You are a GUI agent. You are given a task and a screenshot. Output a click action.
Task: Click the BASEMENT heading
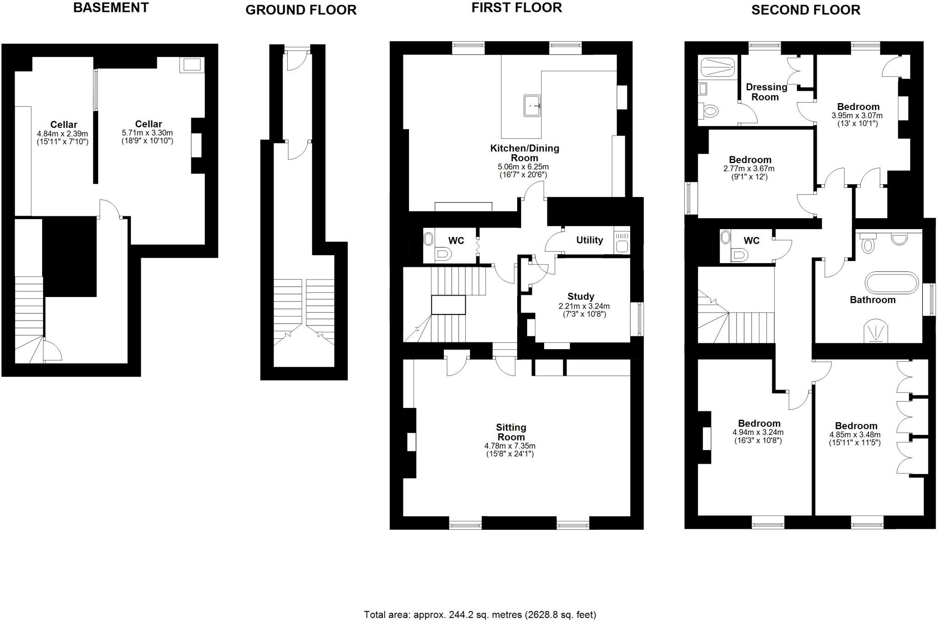coord(111,8)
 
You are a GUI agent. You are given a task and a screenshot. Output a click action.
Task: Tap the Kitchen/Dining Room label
coord(524,153)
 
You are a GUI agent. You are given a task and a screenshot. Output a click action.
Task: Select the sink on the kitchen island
coord(532,106)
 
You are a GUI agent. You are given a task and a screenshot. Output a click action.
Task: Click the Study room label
coord(581,297)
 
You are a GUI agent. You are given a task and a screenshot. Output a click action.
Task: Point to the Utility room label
coord(589,240)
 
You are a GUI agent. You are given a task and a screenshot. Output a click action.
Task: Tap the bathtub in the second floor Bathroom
coord(891,283)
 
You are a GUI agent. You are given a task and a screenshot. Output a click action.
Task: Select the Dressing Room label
coord(766,92)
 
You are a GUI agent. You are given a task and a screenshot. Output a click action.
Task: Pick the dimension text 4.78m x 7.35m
coord(510,445)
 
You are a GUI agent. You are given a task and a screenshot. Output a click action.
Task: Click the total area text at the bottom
coord(480,615)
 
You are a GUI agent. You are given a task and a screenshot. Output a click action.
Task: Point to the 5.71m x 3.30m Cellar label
coord(148,124)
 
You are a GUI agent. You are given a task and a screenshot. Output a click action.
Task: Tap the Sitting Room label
coord(511,432)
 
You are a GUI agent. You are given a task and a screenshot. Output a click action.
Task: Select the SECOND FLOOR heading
coord(805,10)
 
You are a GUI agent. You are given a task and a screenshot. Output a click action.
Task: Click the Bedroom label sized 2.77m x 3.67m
coord(750,160)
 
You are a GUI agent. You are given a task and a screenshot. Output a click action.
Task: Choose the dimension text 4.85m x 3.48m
coord(855,435)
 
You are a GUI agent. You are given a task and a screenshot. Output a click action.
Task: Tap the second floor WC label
coord(751,241)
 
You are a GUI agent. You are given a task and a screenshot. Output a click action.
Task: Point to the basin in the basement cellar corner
coord(192,65)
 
